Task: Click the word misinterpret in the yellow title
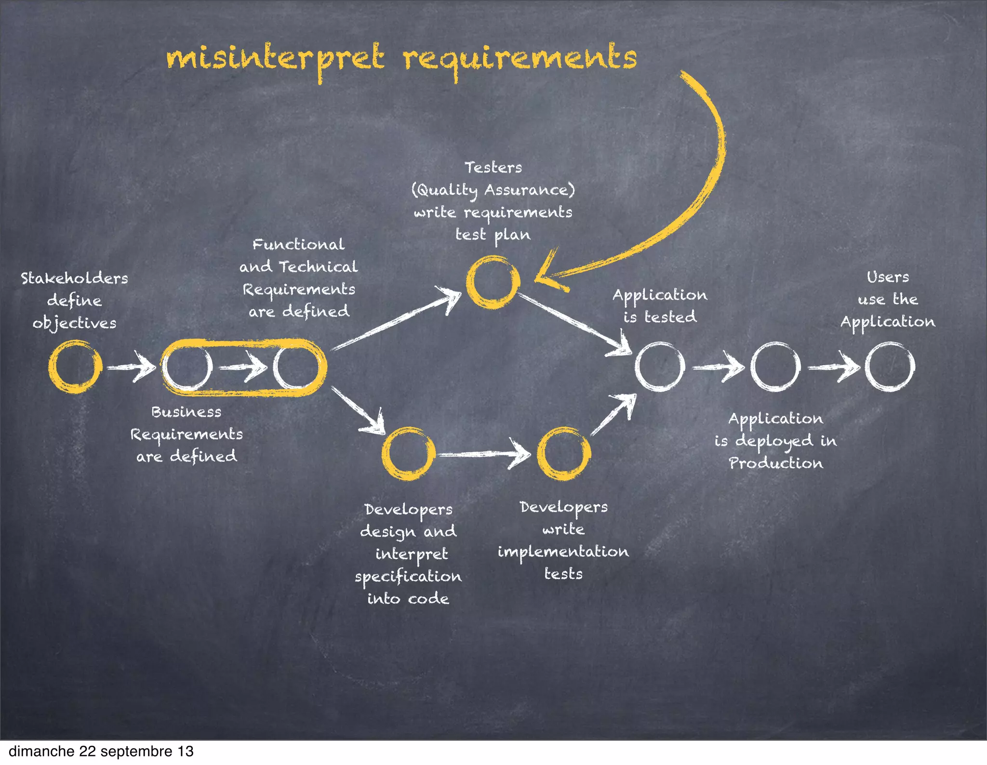275,59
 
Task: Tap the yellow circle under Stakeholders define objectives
75,367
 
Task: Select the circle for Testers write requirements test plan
493,282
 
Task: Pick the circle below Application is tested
659,367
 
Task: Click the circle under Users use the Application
890,367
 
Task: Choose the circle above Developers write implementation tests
563,453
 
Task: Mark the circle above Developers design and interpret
408,453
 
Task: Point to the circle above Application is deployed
775,367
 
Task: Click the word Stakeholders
74,278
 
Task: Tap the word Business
186,412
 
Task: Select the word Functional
298,244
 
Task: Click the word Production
775,463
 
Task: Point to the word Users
888,277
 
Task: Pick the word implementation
563,552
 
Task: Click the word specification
408,577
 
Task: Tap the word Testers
493,168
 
